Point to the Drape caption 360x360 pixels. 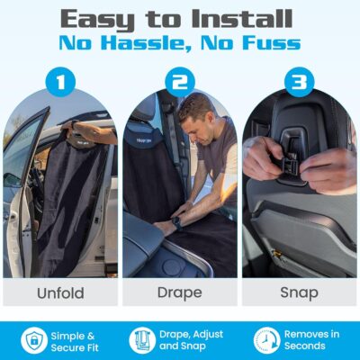click(179, 292)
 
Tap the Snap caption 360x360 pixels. click(298, 292)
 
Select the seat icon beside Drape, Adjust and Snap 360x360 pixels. click(142, 340)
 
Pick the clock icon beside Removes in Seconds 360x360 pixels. click(266, 340)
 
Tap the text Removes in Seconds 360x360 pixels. click(311, 340)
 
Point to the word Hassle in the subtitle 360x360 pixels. click(158, 43)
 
